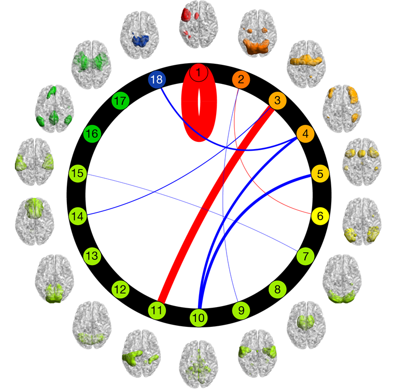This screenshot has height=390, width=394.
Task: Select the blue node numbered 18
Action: click(156, 80)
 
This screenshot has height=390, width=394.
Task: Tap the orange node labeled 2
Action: click(241, 80)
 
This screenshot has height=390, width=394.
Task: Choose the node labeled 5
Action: click(320, 174)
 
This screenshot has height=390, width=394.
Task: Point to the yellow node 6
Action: click(320, 215)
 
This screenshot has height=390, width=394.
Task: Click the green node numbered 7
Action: click(305, 256)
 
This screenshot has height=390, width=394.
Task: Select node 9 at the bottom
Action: click(241, 310)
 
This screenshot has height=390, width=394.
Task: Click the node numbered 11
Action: click(156, 310)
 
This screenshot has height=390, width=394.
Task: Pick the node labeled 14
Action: click(78, 214)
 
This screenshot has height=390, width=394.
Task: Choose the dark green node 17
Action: click(120, 101)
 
